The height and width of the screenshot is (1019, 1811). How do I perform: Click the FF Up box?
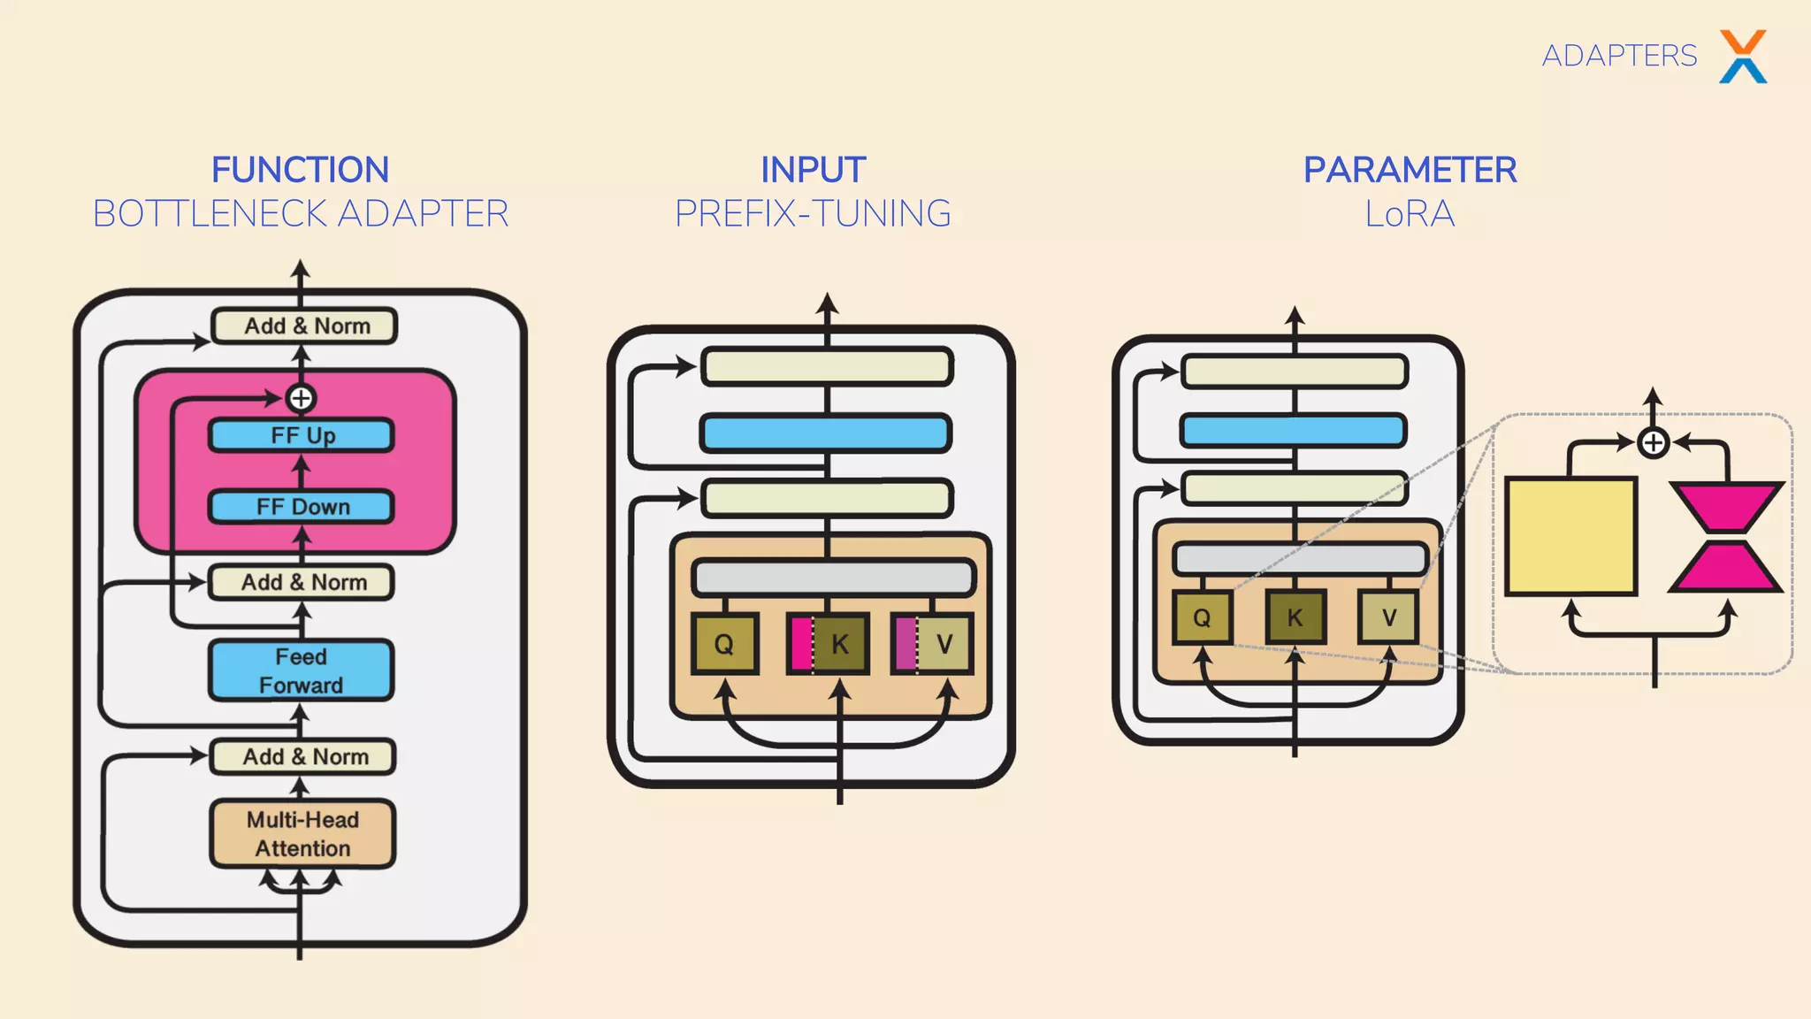[302, 435]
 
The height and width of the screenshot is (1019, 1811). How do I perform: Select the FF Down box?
[302, 507]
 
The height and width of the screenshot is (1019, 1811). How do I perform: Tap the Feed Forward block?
[302, 670]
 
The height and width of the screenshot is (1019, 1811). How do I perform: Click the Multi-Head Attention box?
[302, 833]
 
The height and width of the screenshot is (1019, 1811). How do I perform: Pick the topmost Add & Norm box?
[305, 326]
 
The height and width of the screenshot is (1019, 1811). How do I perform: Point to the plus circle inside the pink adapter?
[301, 398]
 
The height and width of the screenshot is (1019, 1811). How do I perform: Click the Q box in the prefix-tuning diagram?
[724, 644]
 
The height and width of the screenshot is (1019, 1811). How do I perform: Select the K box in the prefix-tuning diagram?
[839, 644]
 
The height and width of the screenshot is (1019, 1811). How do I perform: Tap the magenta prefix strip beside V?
[905, 644]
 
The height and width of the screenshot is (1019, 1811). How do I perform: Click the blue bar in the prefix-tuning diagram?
[826, 433]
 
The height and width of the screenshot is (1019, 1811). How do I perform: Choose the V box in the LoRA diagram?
[1388, 617]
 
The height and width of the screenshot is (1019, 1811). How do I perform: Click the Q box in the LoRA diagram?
[1202, 617]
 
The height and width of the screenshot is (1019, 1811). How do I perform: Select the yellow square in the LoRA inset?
[1571, 536]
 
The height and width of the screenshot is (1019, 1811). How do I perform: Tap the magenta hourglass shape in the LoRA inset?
[1725, 536]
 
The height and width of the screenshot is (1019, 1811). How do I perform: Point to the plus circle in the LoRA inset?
[1654, 442]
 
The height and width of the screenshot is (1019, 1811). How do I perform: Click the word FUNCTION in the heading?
[300, 170]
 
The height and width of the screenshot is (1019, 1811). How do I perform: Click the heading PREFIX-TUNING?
[813, 214]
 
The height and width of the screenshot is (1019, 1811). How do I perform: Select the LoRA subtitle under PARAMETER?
[1410, 214]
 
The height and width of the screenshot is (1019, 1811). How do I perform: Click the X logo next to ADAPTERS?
[1743, 57]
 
